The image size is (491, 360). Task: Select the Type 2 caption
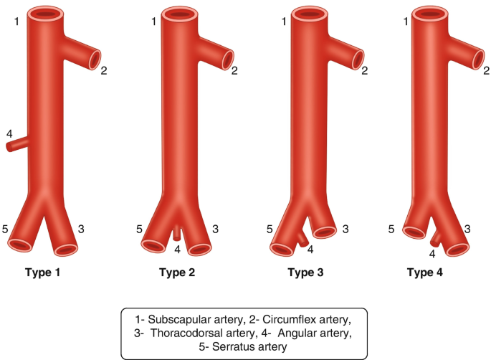[x=176, y=273]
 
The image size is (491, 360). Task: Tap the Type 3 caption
[x=307, y=273]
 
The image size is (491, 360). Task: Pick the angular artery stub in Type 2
[x=177, y=233]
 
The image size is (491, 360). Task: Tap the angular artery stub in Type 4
[x=436, y=236]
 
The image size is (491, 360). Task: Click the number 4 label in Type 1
[x=9, y=134]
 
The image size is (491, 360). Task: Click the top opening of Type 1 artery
[x=46, y=13]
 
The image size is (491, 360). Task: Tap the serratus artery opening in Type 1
[x=20, y=245]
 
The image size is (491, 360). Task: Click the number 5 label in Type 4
[x=391, y=229]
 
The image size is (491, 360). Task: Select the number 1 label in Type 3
[x=285, y=22]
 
